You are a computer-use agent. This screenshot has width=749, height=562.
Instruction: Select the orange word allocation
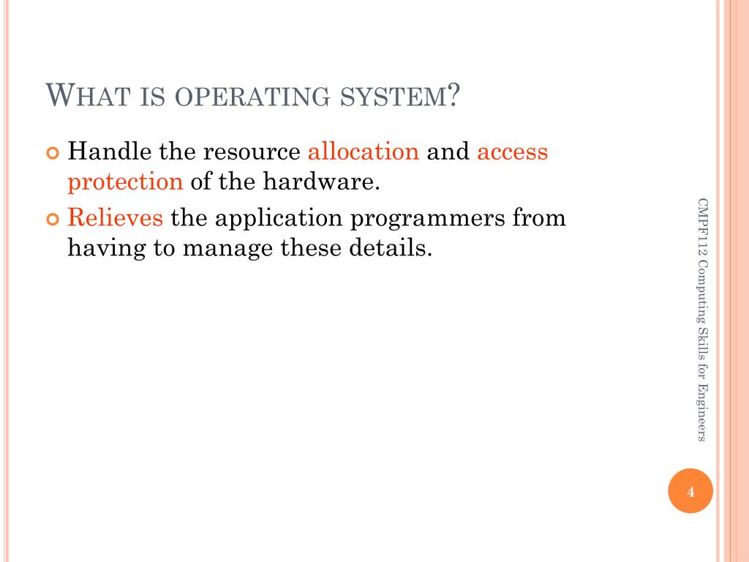[363, 152]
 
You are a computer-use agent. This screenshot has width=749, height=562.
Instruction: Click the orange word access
[512, 152]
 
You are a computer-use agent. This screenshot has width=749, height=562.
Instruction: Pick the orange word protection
[125, 181]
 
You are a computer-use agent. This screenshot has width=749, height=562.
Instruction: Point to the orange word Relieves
[115, 218]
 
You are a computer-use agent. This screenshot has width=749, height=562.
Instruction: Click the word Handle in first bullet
[109, 152]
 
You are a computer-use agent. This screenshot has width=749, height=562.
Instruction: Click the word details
[386, 247]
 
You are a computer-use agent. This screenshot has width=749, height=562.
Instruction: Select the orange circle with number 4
[690, 491]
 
